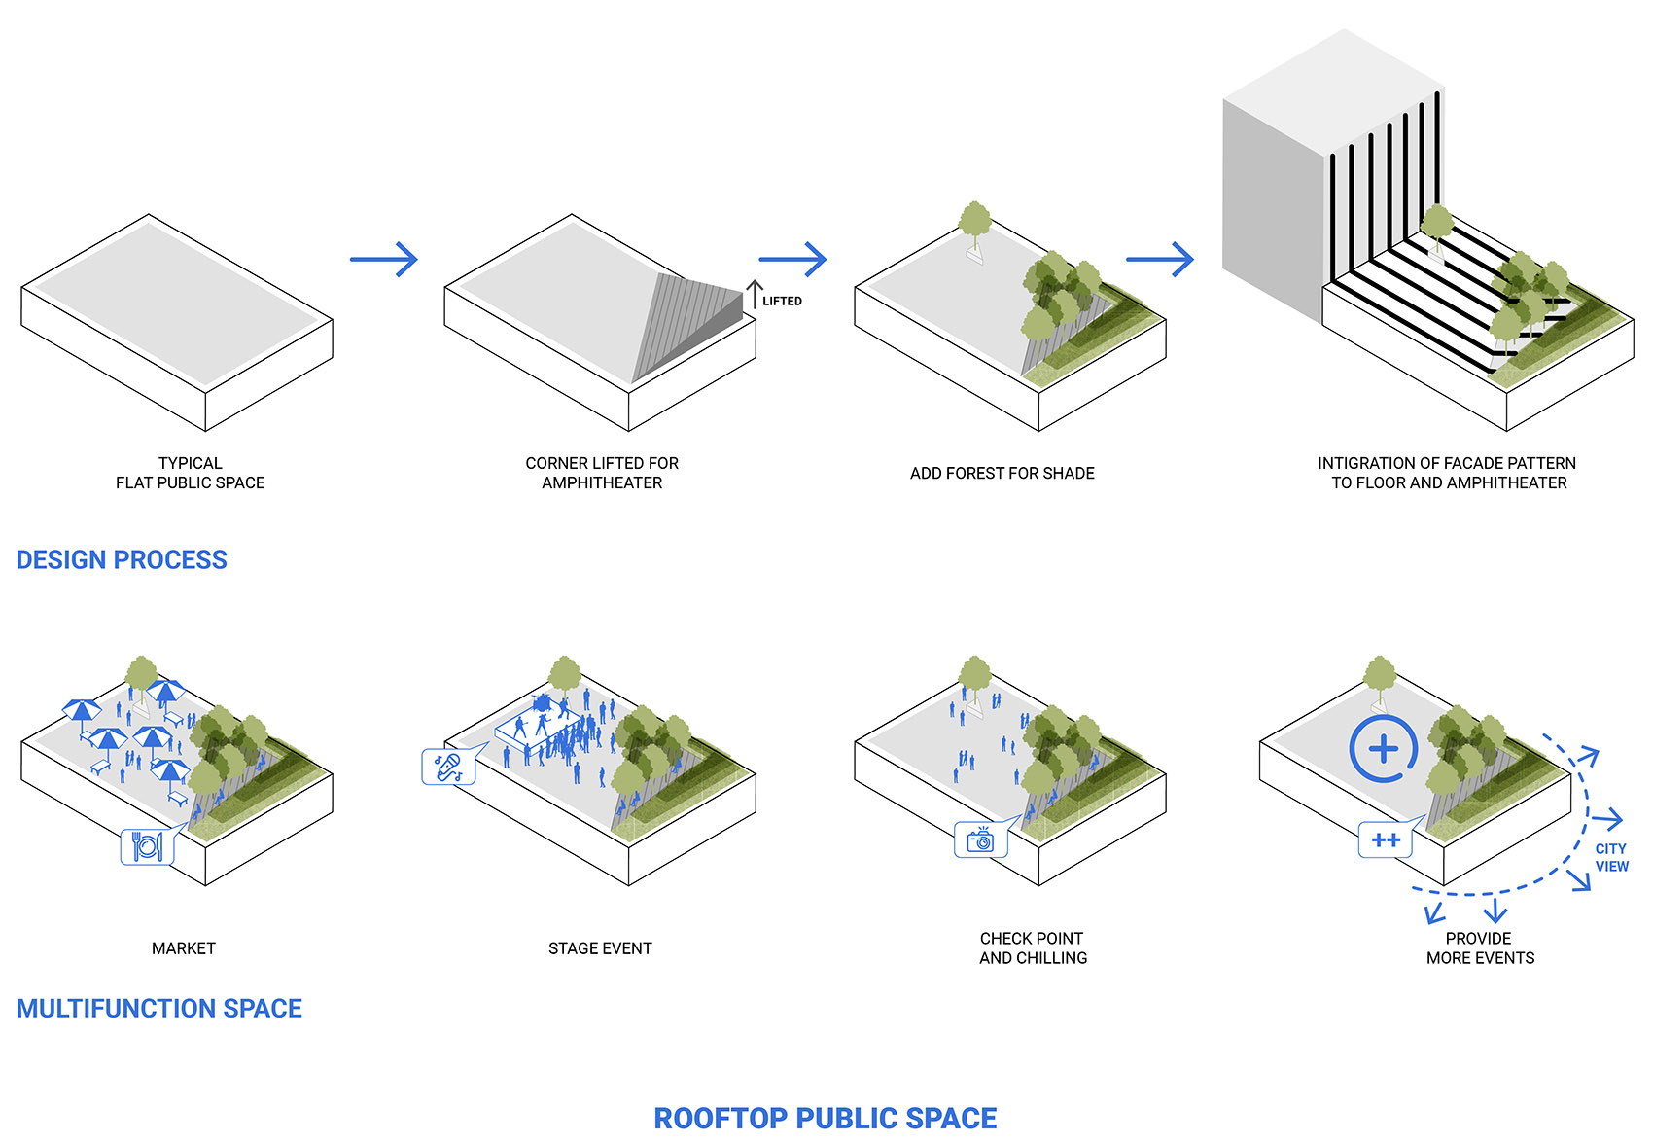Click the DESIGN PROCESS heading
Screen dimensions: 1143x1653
122,560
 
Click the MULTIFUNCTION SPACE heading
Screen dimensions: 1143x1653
158,1009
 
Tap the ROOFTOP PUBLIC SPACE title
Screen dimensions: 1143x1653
825,1119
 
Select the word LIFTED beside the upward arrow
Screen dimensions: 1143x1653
782,302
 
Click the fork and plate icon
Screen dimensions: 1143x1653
147,846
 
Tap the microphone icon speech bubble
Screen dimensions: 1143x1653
448,767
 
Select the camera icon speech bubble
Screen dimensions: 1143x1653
980,839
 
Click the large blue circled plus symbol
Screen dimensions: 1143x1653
1383,749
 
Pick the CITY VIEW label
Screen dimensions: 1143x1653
1611,858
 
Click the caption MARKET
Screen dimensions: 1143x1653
184,948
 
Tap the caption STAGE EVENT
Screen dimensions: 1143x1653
600,948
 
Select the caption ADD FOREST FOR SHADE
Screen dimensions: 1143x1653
1002,474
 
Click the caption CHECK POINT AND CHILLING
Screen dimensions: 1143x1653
1033,948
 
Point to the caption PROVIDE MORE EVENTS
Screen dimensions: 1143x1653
1480,948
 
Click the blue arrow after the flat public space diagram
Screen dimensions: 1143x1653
383,259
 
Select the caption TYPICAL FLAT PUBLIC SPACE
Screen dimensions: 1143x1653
191,473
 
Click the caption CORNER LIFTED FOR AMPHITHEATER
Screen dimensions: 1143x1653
602,473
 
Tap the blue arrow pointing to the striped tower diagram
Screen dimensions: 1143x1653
1159,259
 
